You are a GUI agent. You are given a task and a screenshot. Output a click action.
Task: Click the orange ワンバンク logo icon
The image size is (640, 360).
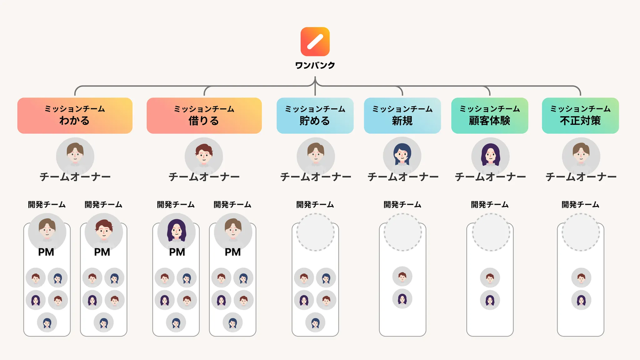point(315,41)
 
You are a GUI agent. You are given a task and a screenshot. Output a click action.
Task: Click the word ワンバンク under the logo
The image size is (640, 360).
point(315,66)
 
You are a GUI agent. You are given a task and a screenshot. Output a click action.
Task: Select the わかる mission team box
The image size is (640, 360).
point(75,115)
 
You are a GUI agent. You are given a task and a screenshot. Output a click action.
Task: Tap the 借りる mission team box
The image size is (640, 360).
point(204,115)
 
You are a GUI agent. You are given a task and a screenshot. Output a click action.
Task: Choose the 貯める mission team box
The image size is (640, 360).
point(315,115)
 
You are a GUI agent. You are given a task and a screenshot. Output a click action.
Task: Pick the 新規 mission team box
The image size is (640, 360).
point(402,115)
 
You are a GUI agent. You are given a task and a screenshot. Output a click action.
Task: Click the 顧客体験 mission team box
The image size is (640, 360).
point(490,115)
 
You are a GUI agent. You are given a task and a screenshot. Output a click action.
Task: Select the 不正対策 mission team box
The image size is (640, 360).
point(580,115)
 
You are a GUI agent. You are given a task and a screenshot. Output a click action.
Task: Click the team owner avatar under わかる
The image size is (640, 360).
point(75,155)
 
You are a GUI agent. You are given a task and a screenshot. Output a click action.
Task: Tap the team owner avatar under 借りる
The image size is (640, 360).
point(204,155)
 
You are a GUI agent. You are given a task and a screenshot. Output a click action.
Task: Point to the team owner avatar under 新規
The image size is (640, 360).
point(402,155)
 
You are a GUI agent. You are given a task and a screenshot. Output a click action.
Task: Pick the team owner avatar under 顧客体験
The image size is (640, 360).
point(490,155)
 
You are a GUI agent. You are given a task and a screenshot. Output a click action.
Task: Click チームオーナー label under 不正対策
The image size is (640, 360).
point(581,177)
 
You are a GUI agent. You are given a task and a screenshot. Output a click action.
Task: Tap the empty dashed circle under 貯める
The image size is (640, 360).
point(315,232)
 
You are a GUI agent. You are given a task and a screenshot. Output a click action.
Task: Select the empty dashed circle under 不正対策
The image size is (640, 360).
point(581,232)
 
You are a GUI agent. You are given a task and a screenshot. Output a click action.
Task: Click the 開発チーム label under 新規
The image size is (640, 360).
point(402,204)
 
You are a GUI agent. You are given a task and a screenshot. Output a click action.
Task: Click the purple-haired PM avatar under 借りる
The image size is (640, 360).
point(177,231)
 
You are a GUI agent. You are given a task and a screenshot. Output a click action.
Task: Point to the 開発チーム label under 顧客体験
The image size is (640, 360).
point(490,204)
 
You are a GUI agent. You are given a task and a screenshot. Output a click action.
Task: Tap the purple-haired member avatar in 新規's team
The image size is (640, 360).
point(402,299)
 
